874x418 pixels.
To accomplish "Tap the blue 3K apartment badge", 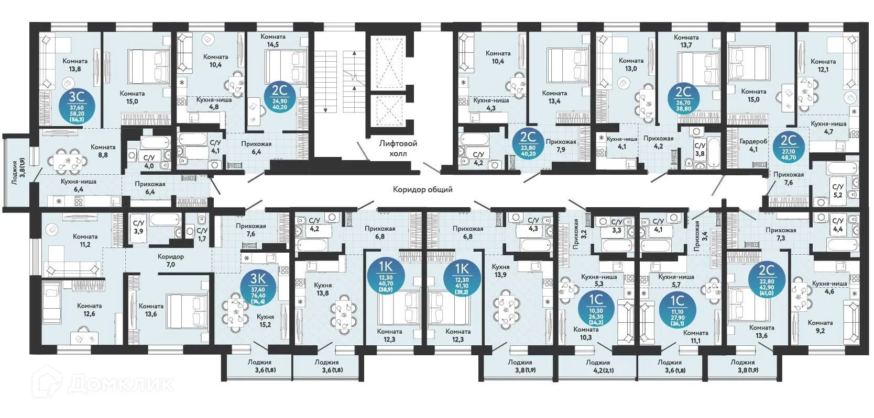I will [258, 288].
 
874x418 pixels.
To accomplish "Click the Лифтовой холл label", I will [398, 148].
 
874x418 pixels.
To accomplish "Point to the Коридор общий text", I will [422, 189].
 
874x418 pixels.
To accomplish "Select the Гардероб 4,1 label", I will [753, 145].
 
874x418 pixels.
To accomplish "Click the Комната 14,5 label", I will [272, 41].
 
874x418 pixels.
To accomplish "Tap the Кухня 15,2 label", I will [265, 321].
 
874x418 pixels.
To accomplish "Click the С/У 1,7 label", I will [202, 234].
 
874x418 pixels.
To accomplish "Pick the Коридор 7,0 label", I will [170, 261].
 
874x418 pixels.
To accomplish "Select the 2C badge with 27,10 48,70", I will [788, 146].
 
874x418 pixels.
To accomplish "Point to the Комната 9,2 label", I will [820, 326].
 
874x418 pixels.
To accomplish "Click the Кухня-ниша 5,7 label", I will [676, 281].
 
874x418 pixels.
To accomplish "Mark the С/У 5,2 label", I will [837, 190].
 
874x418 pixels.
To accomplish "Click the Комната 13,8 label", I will [74, 65].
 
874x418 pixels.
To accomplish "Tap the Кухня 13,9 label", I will [500, 270].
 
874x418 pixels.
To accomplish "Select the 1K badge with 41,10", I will [462, 277].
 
